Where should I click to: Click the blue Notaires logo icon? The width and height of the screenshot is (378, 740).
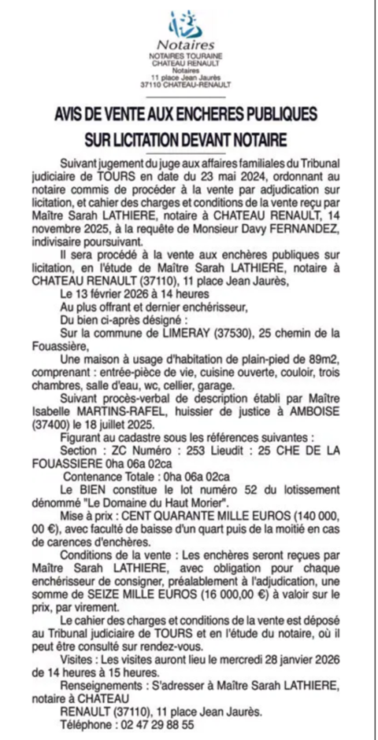pyautogui.click(x=186, y=24)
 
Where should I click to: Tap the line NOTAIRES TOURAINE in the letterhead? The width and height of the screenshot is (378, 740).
pyautogui.click(x=186, y=57)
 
